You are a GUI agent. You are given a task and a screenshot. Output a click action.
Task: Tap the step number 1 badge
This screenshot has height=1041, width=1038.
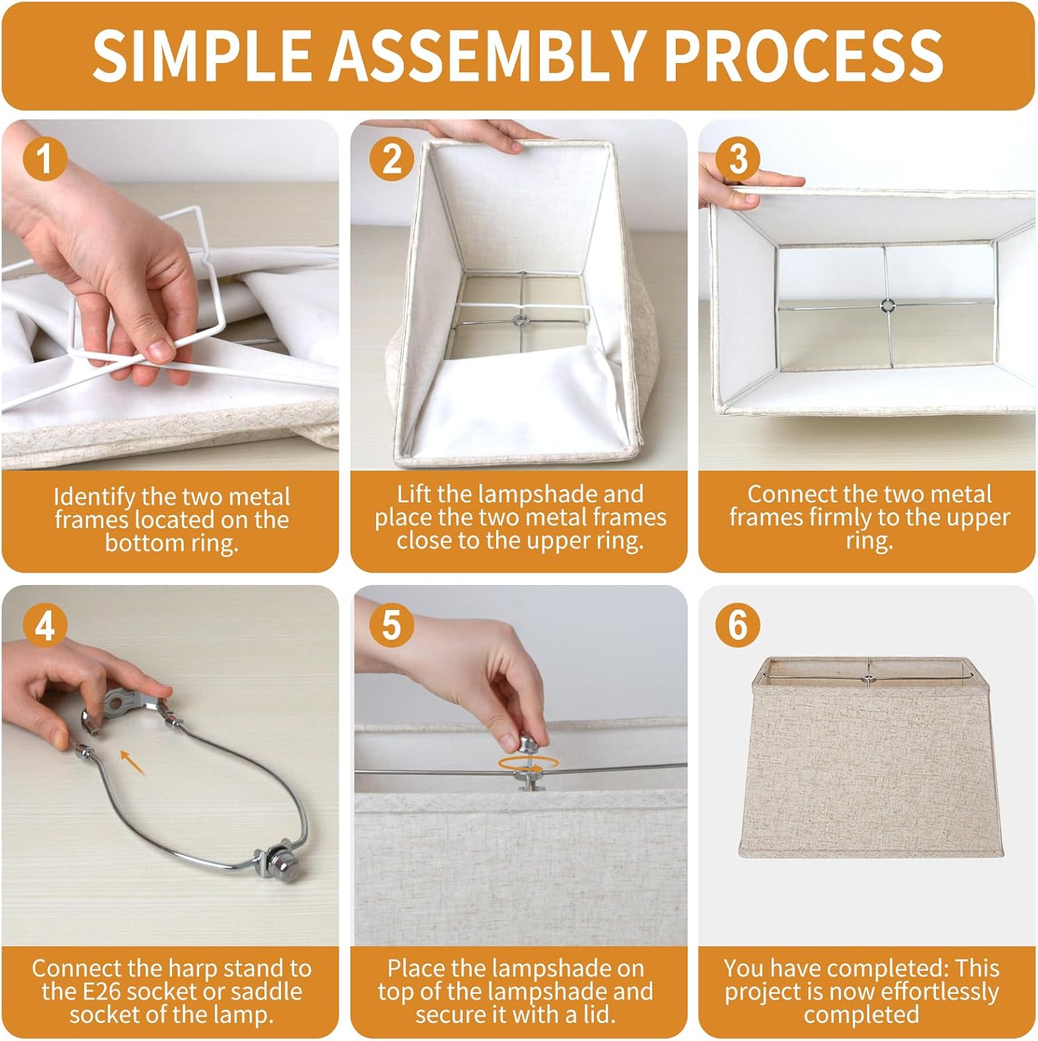coord(45,158)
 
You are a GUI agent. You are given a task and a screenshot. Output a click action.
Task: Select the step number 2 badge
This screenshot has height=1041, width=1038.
coord(392,158)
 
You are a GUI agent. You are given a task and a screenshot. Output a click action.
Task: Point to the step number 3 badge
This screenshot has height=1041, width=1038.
coord(738,158)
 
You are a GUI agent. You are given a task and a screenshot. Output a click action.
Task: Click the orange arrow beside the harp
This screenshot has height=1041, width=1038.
coord(133,761)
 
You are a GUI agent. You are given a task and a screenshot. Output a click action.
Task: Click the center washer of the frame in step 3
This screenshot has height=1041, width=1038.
coord(886,305)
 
